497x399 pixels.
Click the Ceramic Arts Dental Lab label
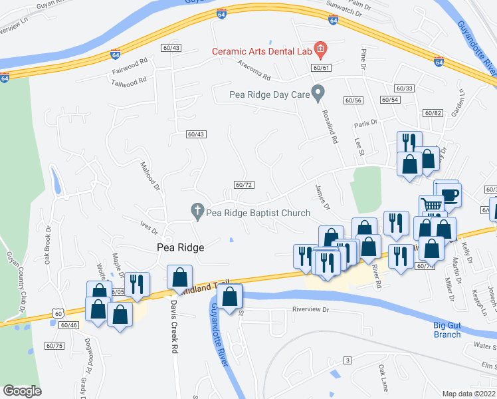[x=261, y=51]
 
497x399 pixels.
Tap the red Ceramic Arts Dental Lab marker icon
[x=320, y=49]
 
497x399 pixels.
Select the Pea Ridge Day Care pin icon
[x=319, y=94]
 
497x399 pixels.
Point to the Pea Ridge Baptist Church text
[x=258, y=213]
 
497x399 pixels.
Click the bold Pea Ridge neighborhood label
[x=179, y=247]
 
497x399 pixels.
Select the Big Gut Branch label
[x=447, y=330]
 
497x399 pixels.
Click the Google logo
[x=23, y=391]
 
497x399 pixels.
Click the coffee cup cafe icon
[x=450, y=194]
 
